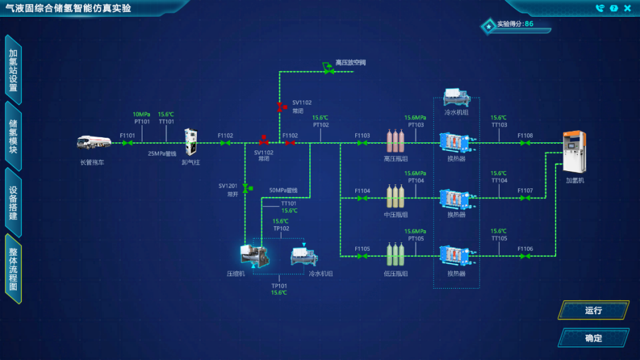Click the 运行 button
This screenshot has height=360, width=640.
pyautogui.click(x=593, y=310)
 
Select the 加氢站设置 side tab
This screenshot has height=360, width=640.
pyautogui.click(x=13, y=70)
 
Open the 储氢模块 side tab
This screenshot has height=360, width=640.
pyautogui.click(x=13, y=136)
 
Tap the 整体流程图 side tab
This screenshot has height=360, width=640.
pyautogui.click(x=13, y=269)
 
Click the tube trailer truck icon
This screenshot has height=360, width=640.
pyautogui.click(x=92, y=142)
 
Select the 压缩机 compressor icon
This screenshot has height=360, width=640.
pyautogui.click(x=253, y=256)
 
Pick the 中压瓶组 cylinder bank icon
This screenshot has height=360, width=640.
pyautogui.click(x=396, y=197)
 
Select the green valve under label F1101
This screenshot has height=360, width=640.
pyautogui.click(x=127, y=142)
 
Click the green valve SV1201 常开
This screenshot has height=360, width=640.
pyautogui.click(x=245, y=189)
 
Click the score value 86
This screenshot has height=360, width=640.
pyautogui.click(x=529, y=23)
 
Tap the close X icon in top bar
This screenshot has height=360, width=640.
pyautogui.click(x=627, y=8)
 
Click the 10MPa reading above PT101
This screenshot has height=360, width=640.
pyautogui.click(x=142, y=114)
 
